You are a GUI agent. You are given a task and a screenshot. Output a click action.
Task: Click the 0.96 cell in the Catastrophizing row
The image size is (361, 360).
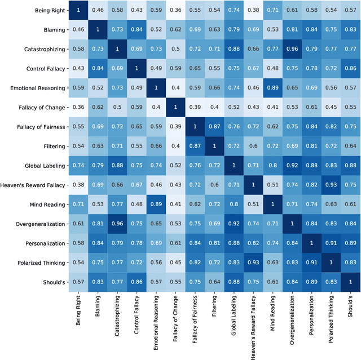(293, 49)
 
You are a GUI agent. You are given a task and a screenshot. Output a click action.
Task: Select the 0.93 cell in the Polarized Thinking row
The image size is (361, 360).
(254, 263)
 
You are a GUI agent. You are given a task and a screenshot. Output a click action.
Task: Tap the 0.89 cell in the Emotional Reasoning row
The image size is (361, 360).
(273, 88)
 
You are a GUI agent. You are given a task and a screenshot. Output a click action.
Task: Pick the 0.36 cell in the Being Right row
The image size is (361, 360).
(175, 11)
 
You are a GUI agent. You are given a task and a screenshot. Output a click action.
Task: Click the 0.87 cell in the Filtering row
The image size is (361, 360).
(195, 146)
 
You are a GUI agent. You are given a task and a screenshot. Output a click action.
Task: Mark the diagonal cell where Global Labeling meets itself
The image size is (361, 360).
(234, 166)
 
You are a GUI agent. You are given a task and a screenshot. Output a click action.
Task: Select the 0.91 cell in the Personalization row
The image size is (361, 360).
(332, 243)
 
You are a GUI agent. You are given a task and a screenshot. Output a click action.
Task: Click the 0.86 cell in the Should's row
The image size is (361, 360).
(137, 282)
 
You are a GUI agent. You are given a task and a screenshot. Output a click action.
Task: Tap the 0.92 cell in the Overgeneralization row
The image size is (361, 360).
(234, 224)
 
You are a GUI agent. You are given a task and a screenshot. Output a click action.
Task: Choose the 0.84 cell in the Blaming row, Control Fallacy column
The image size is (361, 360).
(137, 30)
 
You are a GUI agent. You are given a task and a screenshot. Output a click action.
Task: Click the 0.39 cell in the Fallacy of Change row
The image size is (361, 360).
(195, 107)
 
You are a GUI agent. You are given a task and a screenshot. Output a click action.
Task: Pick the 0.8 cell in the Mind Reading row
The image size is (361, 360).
(234, 205)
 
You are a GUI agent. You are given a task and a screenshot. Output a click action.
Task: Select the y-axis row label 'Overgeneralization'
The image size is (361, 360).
(39, 224)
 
